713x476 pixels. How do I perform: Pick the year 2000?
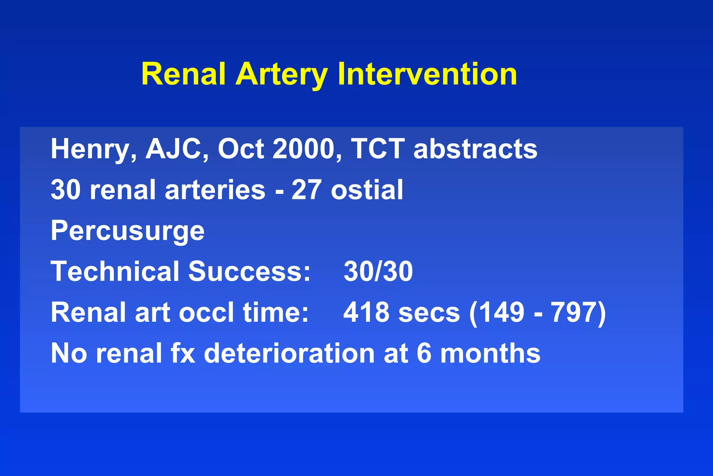click(303, 149)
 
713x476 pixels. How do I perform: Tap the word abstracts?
click(475, 149)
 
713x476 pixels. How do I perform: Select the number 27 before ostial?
click(305, 190)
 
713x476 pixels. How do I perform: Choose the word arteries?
click(215, 190)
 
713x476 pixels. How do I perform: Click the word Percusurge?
click(127, 231)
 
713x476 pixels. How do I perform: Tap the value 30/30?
click(378, 271)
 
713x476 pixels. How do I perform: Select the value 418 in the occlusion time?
click(366, 312)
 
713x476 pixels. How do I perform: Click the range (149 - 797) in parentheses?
click(538, 312)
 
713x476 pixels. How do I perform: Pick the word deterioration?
click(289, 353)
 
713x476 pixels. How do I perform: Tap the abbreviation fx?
click(183, 353)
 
